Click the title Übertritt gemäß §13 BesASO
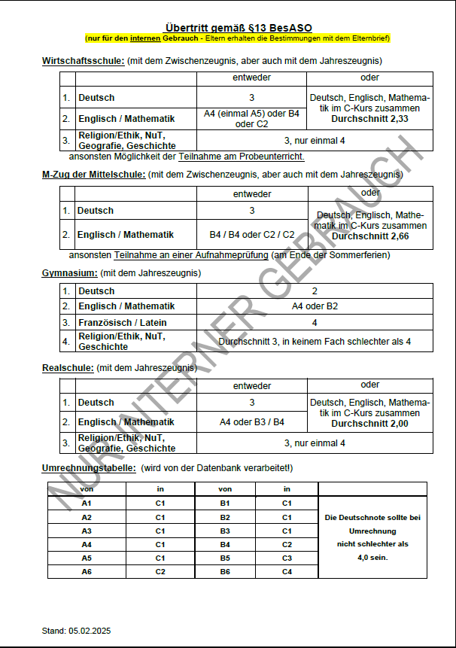tap(238, 28)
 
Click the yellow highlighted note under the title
tap(238, 38)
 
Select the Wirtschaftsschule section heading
tap(84, 60)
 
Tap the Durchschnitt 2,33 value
tap(370, 118)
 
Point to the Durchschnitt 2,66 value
tap(371, 236)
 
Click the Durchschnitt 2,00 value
tap(370, 423)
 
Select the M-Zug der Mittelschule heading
tap(93, 175)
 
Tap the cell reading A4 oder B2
tap(315, 306)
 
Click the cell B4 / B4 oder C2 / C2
tap(252, 235)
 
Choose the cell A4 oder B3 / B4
tap(252, 422)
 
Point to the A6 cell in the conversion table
tap(87, 572)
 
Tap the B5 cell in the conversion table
tap(224, 558)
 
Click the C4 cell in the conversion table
tap(287, 572)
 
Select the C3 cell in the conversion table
tap(287, 558)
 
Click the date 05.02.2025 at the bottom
tap(90, 631)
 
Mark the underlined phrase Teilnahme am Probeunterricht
tap(241, 157)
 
